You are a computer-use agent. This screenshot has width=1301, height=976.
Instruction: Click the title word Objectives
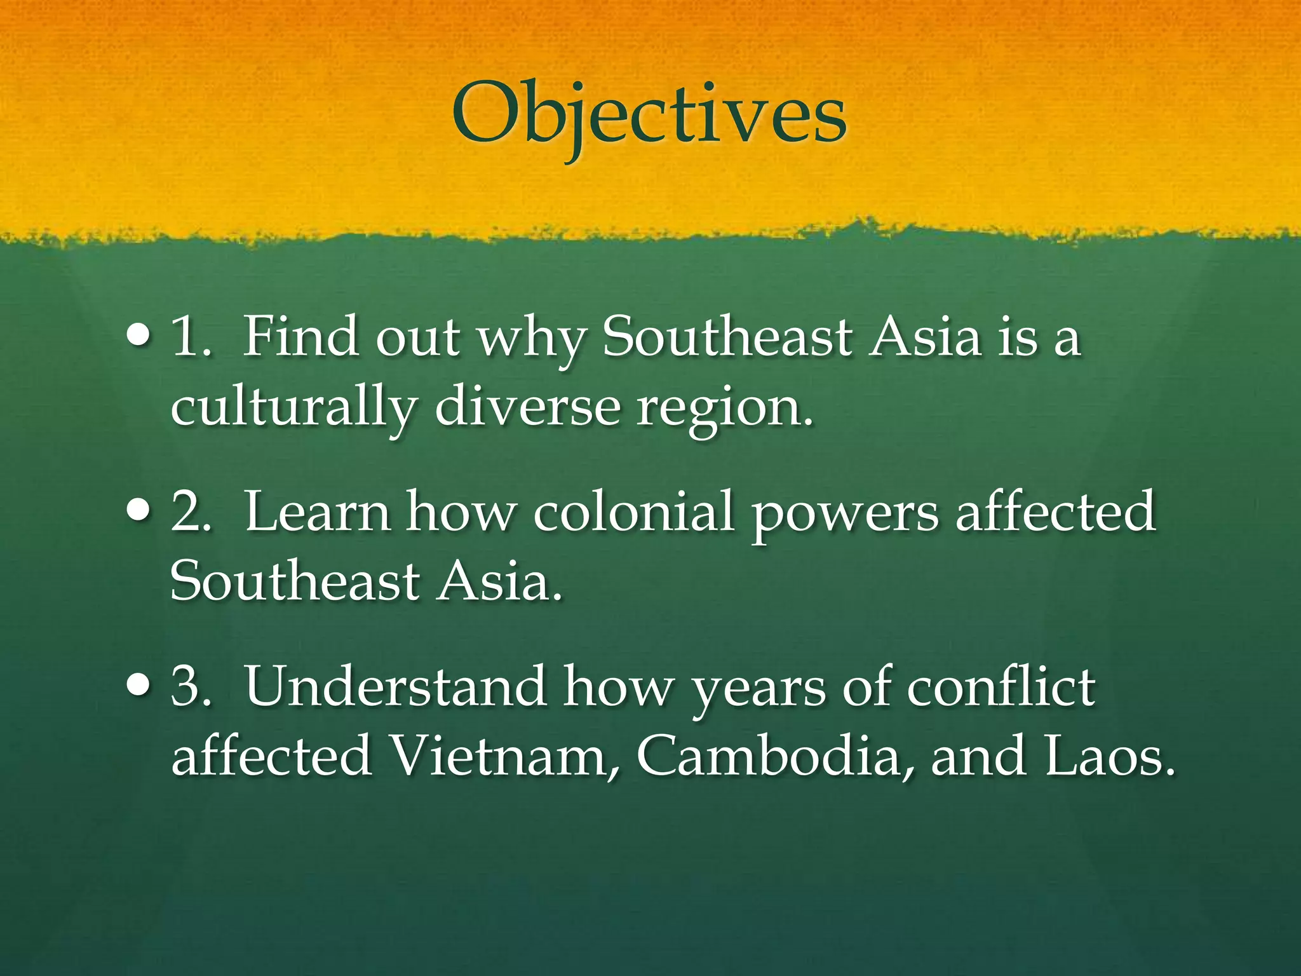pos(649,114)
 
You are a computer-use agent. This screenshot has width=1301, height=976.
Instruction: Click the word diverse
pos(527,407)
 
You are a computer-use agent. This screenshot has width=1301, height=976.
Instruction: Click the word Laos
pos(1109,756)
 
